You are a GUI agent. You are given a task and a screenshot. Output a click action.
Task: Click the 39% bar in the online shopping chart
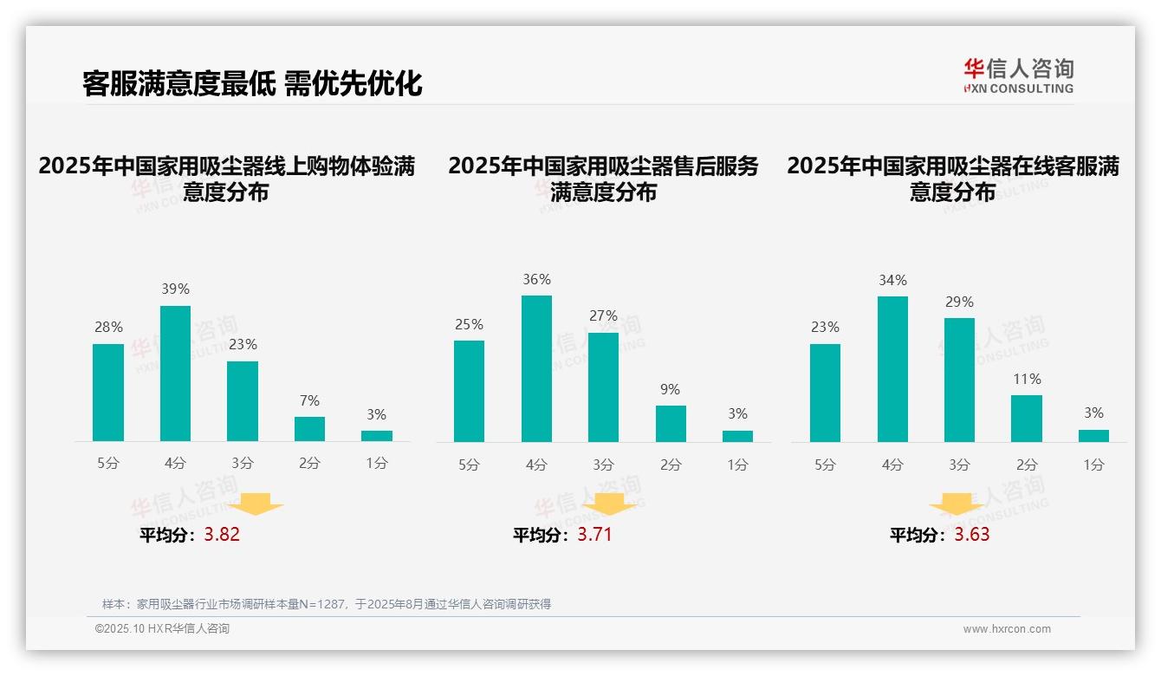click(x=175, y=374)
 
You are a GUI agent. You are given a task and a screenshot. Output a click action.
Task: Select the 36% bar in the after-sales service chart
click(x=536, y=368)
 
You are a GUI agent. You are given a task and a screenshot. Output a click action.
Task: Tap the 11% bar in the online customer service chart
click(x=1027, y=419)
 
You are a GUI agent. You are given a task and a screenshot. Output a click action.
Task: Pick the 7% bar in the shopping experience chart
click(x=309, y=429)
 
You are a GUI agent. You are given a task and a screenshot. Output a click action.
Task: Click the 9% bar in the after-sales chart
click(x=671, y=424)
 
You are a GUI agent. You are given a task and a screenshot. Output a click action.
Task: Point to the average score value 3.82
click(x=222, y=535)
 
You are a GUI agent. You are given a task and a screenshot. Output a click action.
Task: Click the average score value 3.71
click(x=594, y=535)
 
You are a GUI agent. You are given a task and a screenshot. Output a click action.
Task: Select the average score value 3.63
click(x=972, y=535)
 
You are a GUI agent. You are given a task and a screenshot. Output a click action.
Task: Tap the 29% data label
click(x=959, y=302)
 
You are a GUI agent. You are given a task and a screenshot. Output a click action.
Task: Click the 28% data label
click(x=108, y=328)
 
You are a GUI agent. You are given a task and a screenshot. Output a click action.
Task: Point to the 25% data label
click(x=469, y=325)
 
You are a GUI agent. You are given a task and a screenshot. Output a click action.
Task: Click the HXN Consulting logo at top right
click(x=1018, y=76)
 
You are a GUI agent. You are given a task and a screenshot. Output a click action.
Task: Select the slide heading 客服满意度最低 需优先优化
click(x=252, y=84)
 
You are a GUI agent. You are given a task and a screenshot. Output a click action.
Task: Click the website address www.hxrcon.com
click(x=1007, y=629)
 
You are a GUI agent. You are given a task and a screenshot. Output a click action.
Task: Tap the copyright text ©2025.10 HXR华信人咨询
click(x=162, y=629)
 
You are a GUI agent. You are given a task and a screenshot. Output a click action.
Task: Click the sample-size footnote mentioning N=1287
click(x=327, y=604)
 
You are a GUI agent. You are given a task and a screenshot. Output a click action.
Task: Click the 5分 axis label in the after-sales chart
click(x=469, y=465)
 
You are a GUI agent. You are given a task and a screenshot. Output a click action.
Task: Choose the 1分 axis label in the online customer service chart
click(x=1093, y=465)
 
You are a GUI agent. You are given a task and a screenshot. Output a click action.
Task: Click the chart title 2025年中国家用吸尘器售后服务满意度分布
click(x=603, y=179)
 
